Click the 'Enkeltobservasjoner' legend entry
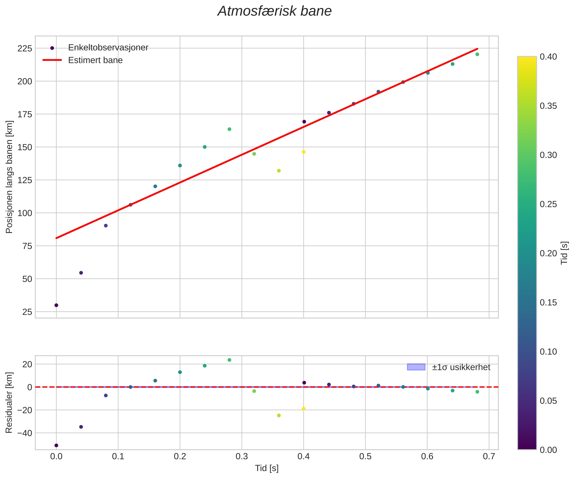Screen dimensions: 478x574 (x=108, y=47)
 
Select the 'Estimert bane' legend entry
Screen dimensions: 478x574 (x=95, y=60)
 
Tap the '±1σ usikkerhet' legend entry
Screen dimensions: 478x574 (x=461, y=367)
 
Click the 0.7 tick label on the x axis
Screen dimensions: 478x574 (x=489, y=457)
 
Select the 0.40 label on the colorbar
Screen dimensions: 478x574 (x=548, y=57)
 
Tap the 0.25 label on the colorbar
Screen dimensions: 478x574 (x=548, y=204)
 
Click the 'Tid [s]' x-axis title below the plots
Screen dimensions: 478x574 (x=267, y=468)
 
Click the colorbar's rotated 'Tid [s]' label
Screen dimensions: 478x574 (x=564, y=253)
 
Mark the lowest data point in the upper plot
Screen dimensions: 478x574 (x=56, y=305)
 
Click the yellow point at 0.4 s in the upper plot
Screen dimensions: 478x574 (x=303, y=152)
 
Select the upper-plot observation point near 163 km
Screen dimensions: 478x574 (x=229, y=129)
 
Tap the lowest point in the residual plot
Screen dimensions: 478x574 (x=56, y=445)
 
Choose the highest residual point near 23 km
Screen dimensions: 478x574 (x=229, y=360)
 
